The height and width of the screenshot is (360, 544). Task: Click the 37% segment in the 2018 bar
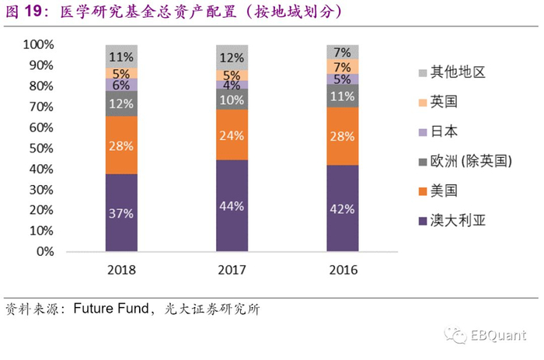(121, 212)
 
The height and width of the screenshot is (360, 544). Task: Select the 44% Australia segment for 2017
(232, 205)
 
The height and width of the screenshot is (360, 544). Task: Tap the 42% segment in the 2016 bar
(343, 208)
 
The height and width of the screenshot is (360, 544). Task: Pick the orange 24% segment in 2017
(232, 134)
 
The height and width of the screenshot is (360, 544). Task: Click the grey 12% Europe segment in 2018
(121, 103)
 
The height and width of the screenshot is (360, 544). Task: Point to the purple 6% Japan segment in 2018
(121, 85)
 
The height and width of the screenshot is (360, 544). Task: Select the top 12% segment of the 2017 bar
(232, 57)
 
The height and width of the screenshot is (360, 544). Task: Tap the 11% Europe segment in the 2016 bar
(343, 96)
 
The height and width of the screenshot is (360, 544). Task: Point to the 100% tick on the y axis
(39, 44)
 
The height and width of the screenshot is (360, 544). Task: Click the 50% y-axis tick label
(42, 148)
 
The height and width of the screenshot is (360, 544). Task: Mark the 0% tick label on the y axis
(45, 251)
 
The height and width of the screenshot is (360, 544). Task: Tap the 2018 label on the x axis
(121, 270)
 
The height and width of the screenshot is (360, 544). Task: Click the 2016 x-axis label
(343, 270)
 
